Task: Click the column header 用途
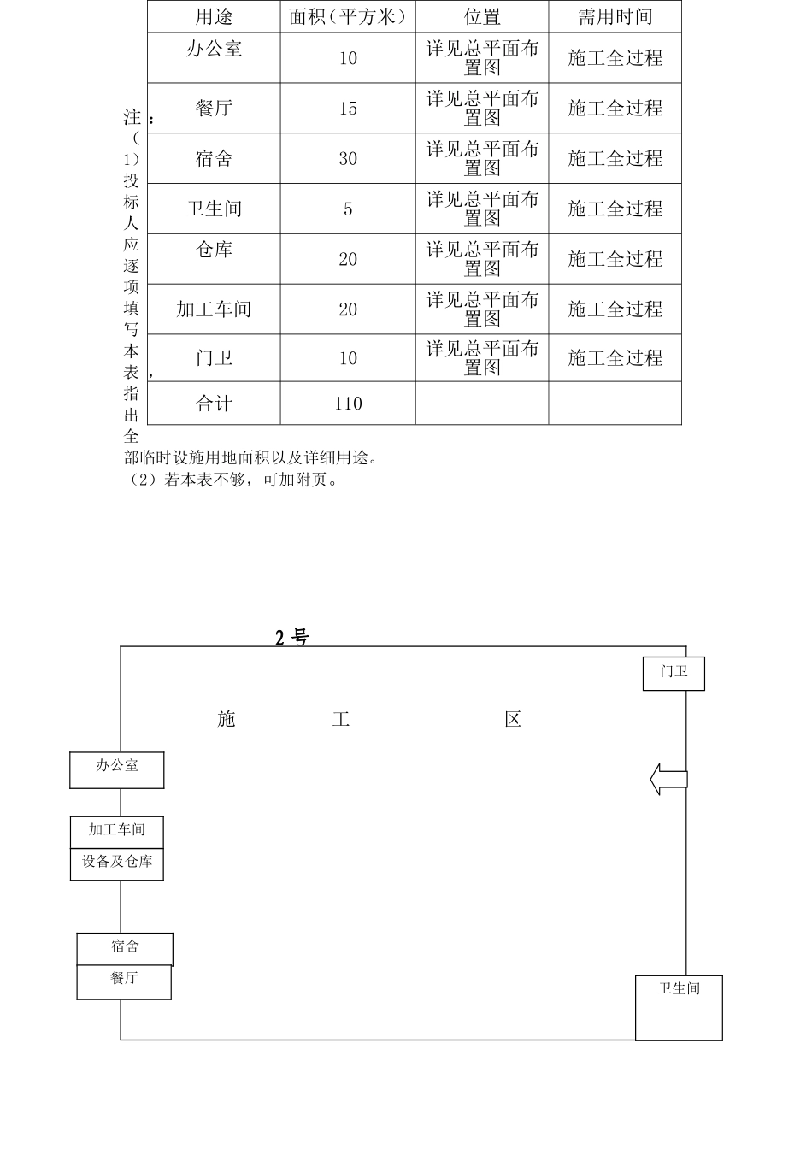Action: tap(214, 16)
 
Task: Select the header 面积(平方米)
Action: tap(348, 16)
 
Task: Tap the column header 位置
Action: tap(482, 16)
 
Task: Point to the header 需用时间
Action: tap(615, 16)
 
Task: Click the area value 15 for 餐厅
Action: tap(348, 109)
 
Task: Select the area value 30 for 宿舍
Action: tap(348, 159)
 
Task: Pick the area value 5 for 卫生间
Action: tap(348, 209)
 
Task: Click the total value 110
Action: tap(348, 404)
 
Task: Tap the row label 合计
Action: tap(214, 404)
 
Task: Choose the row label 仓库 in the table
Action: tap(214, 250)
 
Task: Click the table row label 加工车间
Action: tap(214, 309)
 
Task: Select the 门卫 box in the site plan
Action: tap(674, 673)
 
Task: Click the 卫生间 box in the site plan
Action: tap(679, 1007)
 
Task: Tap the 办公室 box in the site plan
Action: tap(116, 769)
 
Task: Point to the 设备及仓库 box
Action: tap(116, 863)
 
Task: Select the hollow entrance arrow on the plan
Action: tap(668, 779)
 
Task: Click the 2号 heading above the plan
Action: tap(291, 638)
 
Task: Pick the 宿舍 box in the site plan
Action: tap(125, 949)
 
